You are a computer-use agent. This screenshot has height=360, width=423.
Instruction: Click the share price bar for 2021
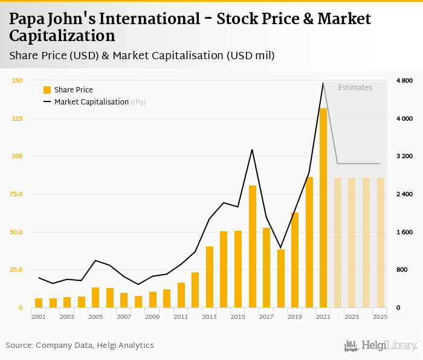click(x=323, y=208)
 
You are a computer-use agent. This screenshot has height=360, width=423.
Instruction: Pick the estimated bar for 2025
click(x=381, y=242)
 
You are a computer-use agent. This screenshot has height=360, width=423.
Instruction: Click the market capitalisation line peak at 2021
click(x=323, y=83)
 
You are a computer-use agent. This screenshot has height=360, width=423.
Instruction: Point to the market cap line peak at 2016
click(x=252, y=149)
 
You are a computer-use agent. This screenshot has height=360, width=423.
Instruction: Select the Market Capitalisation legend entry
click(x=91, y=102)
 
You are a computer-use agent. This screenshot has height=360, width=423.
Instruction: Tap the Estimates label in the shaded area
click(x=355, y=88)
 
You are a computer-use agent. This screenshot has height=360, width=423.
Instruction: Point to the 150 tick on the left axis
click(x=17, y=80)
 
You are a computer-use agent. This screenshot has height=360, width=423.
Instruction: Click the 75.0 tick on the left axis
click(x=16, y=194)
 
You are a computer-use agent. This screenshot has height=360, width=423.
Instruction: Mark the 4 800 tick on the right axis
click(x=404, y=80)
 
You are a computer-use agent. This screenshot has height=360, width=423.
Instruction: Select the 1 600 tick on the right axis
click(x=404, y=232)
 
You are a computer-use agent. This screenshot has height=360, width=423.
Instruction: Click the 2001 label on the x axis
click(x=39, y=317)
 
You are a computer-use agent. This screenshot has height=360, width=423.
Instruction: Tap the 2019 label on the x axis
click(x=295, y=317)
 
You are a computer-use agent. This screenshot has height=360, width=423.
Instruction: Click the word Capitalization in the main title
click(x=62, y=36)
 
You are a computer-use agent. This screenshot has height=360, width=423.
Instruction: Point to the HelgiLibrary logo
click(x=380, y=346)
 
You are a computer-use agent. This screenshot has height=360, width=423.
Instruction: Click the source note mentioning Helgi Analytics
click(x=80, y=346)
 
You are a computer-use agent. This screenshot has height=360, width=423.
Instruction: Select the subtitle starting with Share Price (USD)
click(x=142, y=56)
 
